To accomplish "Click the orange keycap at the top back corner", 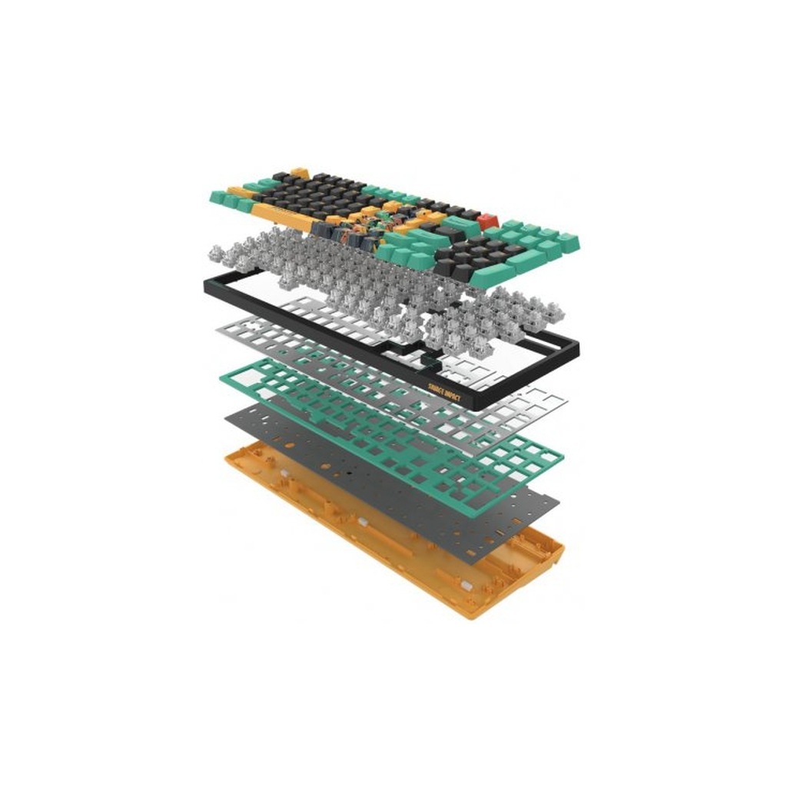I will coord(301,173).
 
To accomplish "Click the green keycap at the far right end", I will coord(569,242).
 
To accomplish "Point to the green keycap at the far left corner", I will coord(218,197).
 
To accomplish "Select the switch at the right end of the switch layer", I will coord(550,311).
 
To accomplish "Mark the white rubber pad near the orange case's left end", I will coord(284,476).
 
